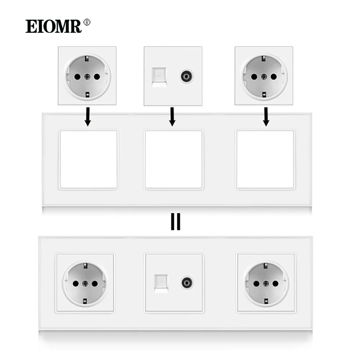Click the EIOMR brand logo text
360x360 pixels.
coord(54,26)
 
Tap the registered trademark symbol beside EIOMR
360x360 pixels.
coord(87,22)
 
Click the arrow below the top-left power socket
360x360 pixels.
coord(87,117)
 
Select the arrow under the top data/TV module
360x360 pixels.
coord(172,117)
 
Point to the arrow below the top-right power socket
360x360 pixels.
coord(266,117)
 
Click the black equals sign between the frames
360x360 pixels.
coord(176,221)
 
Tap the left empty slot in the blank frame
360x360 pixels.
coord(89,159)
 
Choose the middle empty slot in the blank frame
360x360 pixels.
coord(174,159)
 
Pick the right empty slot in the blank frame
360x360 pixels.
coord(265,159)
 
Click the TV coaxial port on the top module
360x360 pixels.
coord(186,76)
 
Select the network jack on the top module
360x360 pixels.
coord(159,77)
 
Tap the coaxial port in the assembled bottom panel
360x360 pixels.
coord(187,283)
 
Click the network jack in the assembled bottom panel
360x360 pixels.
coord(161,284)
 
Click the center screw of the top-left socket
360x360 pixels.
coord(87,77)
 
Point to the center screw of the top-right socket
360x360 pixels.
coord(264,77)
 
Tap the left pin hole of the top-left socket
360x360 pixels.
coord(77,77)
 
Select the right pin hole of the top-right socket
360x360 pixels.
coord(274,77)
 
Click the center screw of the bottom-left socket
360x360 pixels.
coord(85,284)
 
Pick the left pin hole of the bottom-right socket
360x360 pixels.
coord(256,284)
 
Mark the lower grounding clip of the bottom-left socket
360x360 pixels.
coord(85,301)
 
